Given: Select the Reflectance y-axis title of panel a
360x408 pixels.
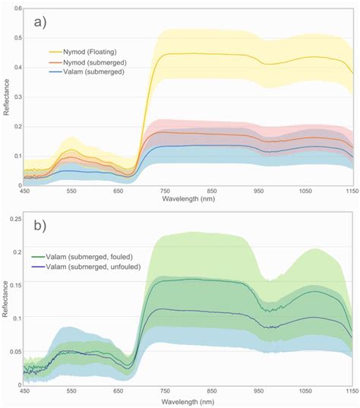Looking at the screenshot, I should point(5,99).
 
